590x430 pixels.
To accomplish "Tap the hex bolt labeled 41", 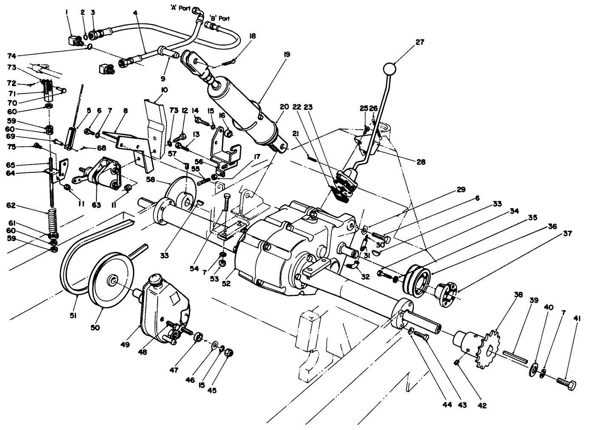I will [x=567, y=385].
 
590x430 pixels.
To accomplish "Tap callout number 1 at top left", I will [x=67, y=12].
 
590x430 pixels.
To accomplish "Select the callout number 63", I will [x=96, y=205].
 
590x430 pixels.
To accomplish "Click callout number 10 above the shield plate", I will [x=164, y=90].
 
